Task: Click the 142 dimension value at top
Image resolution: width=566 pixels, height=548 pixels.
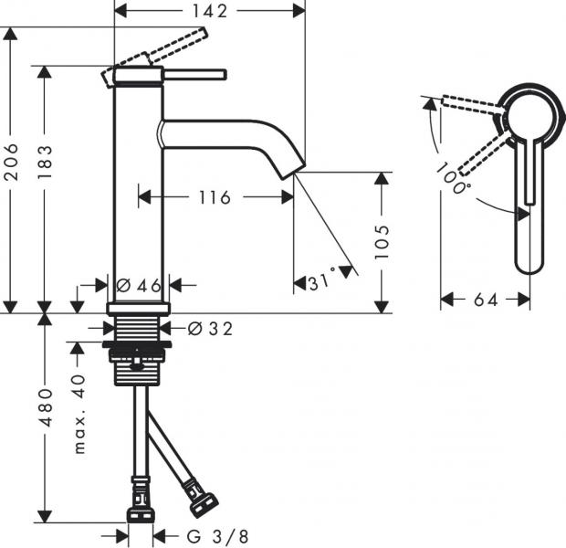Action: click(211, 10)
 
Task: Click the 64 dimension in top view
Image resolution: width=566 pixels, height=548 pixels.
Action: click(486, 299)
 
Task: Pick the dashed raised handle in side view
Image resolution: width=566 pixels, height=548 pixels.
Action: click(179, 46)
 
